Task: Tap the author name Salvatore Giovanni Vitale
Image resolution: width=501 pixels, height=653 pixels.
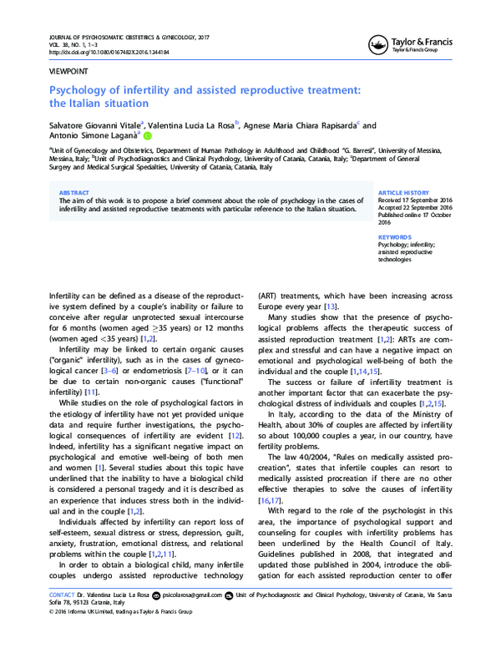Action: coord(95,124)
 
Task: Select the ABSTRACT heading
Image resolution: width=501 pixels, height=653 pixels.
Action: coord(76,192)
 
